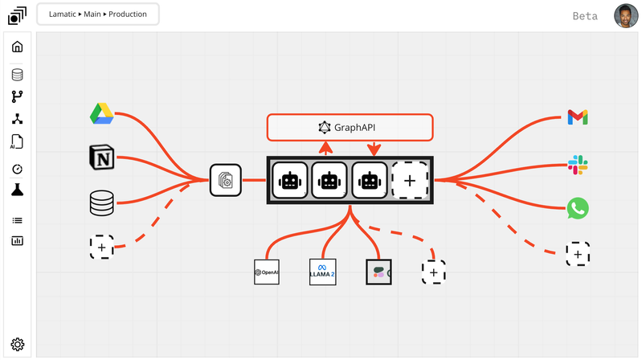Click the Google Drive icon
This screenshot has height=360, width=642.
(x=102, y=115)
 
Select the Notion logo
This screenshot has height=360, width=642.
(x=102, y=159)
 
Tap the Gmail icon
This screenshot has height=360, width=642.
(x=577, y=117)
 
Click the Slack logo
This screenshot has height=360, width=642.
(x=578, y=166)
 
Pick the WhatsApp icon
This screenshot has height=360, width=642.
(x=577, y=209)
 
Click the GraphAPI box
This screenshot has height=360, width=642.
(x=350, y=127)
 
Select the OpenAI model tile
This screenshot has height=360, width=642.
(x=267, y=272)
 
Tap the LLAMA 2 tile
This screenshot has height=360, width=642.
(x=322, y=272)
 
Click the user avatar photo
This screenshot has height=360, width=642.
(x=626, y=16)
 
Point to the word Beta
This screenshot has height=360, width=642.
(x=585, y=16)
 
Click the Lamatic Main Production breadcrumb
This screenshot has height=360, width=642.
(x=97, y=14)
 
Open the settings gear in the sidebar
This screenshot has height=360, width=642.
(x=18, y=345)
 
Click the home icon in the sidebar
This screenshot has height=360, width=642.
(x=18, y=47)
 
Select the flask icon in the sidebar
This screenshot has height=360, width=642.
(x=18, y=190)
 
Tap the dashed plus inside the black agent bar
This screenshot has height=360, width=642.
(x=409, y=181)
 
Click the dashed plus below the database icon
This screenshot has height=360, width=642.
(x=102, y=247)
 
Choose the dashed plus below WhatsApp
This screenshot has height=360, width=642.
(x=578, y=254)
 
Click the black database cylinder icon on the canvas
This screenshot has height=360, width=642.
(x=102, y=203)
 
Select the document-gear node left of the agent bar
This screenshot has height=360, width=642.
(x=225, y=180)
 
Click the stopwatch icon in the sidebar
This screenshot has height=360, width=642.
(x=18, y=170)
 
